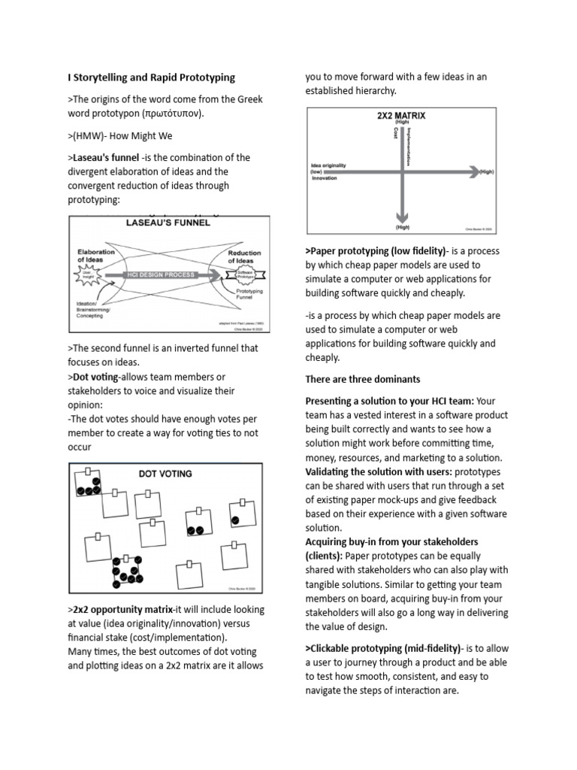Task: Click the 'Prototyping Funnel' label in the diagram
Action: [x=249, y=294]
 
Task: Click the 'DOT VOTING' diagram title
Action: [x=165, y=474]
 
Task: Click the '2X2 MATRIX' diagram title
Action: [x=400, y=117]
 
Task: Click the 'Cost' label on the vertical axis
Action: [x=395, y=133]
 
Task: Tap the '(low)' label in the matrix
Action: [x=316, y=171]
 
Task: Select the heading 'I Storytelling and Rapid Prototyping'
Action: [x=152, y=77]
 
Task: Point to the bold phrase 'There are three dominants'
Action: [x=362, y=379]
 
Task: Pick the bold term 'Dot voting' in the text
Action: [x=95, y=377]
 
